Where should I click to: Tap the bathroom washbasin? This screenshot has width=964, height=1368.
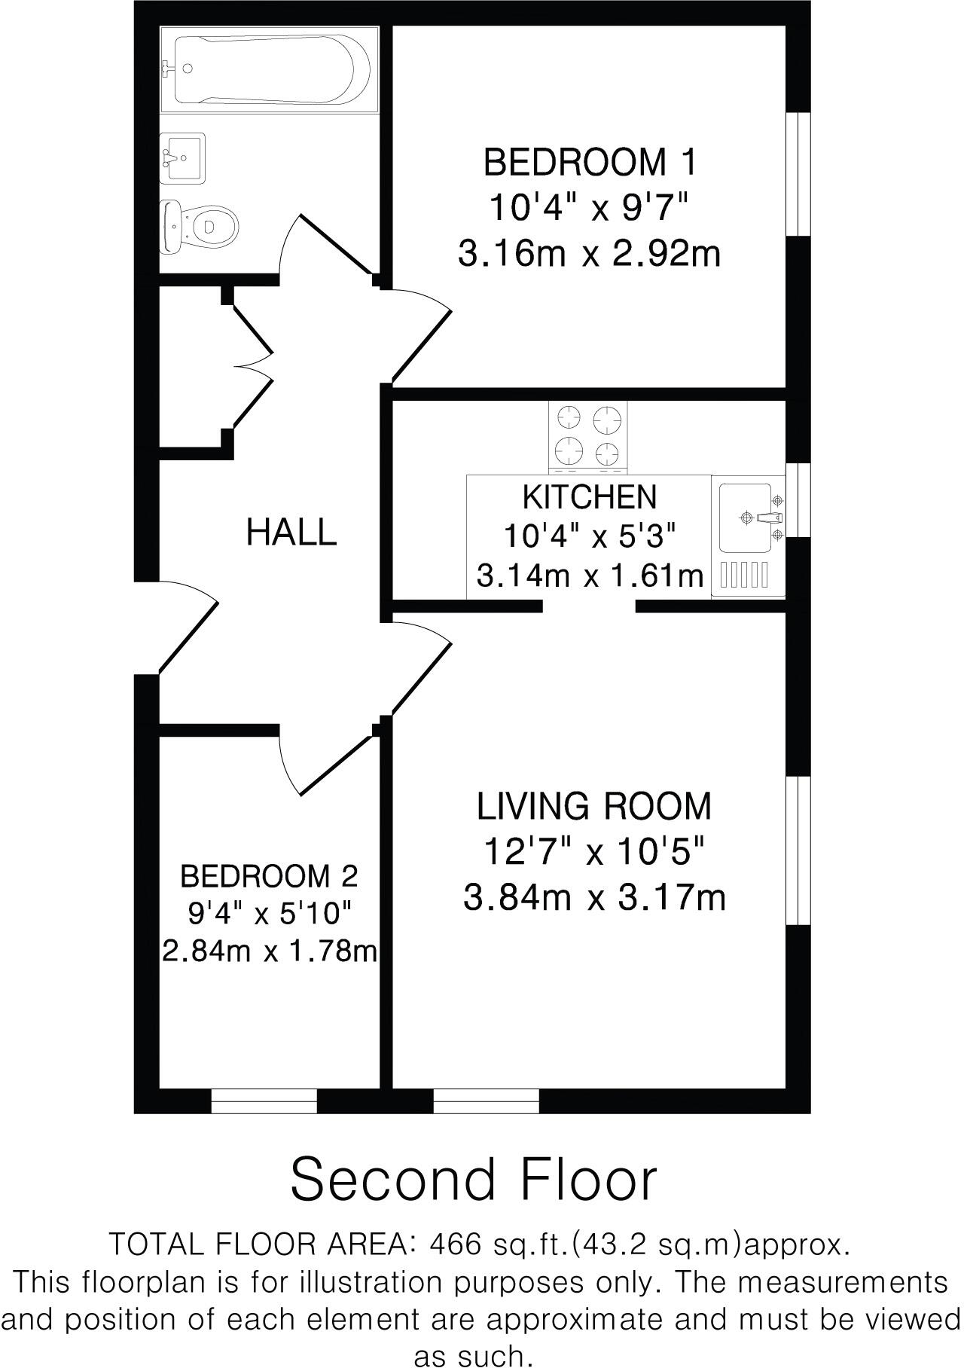pos(182,157)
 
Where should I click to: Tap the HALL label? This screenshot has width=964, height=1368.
pos(291,533)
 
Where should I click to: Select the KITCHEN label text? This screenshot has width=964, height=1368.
pos(590,497)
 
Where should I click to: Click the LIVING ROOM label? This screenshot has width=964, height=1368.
pos(594,807)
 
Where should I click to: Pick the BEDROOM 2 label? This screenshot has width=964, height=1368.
pos(269,876)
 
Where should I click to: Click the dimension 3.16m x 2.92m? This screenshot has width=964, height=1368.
pos(590,254)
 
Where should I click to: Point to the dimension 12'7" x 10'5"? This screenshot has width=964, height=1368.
pos(594,853)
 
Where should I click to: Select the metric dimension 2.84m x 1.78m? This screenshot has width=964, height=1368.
pos(270,952)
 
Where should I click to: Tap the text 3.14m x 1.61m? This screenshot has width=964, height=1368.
pos(590,577)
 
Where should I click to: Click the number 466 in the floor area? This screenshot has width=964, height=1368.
pos(455,1244)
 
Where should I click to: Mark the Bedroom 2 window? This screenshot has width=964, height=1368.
pos(264,1101)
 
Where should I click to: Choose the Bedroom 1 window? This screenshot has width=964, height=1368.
pos(798,175)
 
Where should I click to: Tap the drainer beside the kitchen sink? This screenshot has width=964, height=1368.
pos(745,576)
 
